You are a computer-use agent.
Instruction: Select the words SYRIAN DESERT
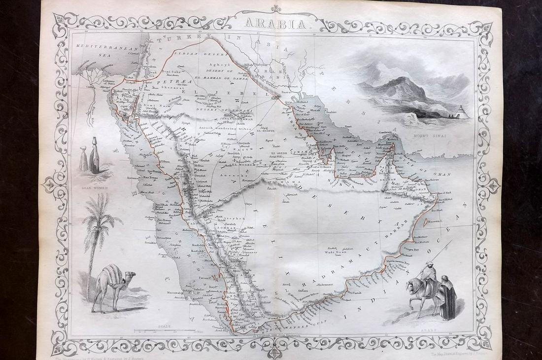186,52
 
